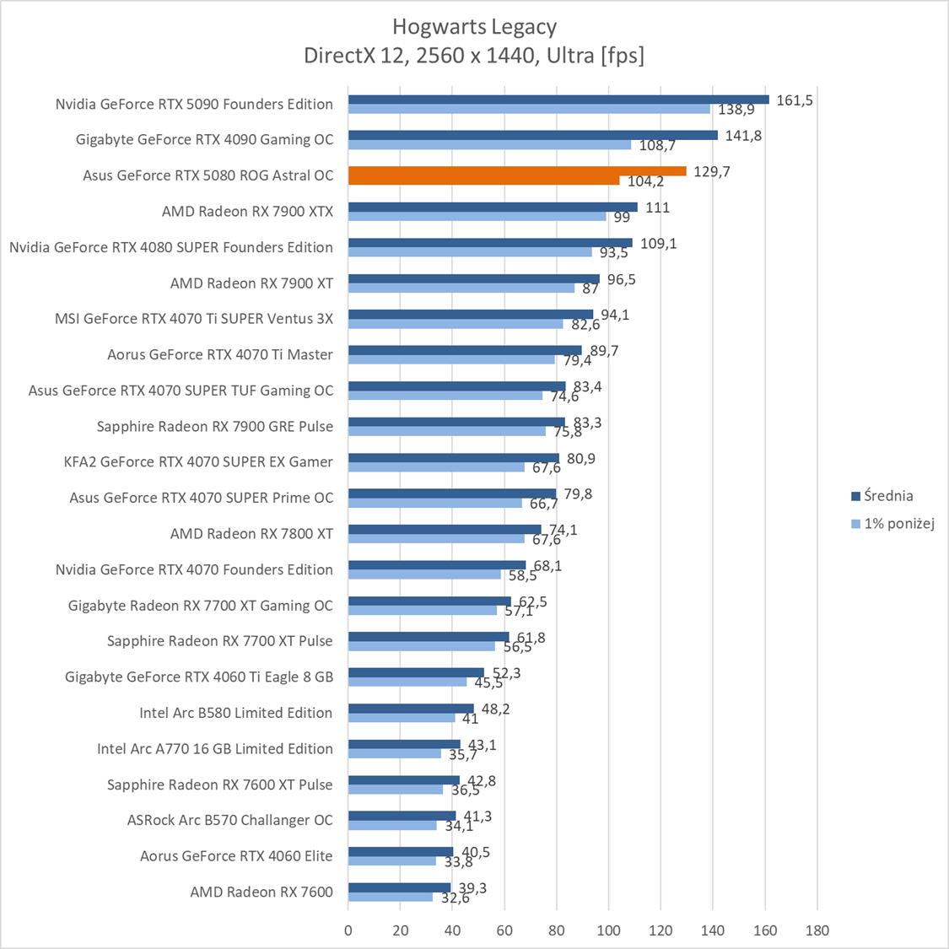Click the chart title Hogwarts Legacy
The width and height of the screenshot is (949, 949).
click(474, 27)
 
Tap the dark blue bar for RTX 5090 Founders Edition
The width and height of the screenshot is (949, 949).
click(558, 100)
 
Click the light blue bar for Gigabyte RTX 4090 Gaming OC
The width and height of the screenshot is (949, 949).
click(489, 145)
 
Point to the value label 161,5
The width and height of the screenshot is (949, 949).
click(794, 100)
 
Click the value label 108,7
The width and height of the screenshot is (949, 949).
click(657, 146)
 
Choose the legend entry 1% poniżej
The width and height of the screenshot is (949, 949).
click(898, 524)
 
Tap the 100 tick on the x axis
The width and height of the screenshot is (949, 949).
click(609, 930)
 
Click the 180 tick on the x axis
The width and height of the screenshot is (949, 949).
click(817, 930)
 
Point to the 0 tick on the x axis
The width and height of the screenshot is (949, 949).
click(348, 930)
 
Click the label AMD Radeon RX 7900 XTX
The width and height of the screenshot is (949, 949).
click(247, 212)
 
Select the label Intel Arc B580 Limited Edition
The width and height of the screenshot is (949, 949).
click(235, 713)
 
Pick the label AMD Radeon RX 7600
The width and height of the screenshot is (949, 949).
click(262, 892)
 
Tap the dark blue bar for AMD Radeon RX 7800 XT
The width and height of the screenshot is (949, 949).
click(445, 530)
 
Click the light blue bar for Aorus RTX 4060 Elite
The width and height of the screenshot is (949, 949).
click(391, 861)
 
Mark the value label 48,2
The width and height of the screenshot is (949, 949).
click(496, 709)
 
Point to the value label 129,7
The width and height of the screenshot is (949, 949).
click(712, 172)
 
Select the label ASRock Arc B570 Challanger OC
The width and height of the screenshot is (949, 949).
click(229, 820)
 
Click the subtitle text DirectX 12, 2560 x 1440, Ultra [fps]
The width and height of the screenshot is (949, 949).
click(474, 56)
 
